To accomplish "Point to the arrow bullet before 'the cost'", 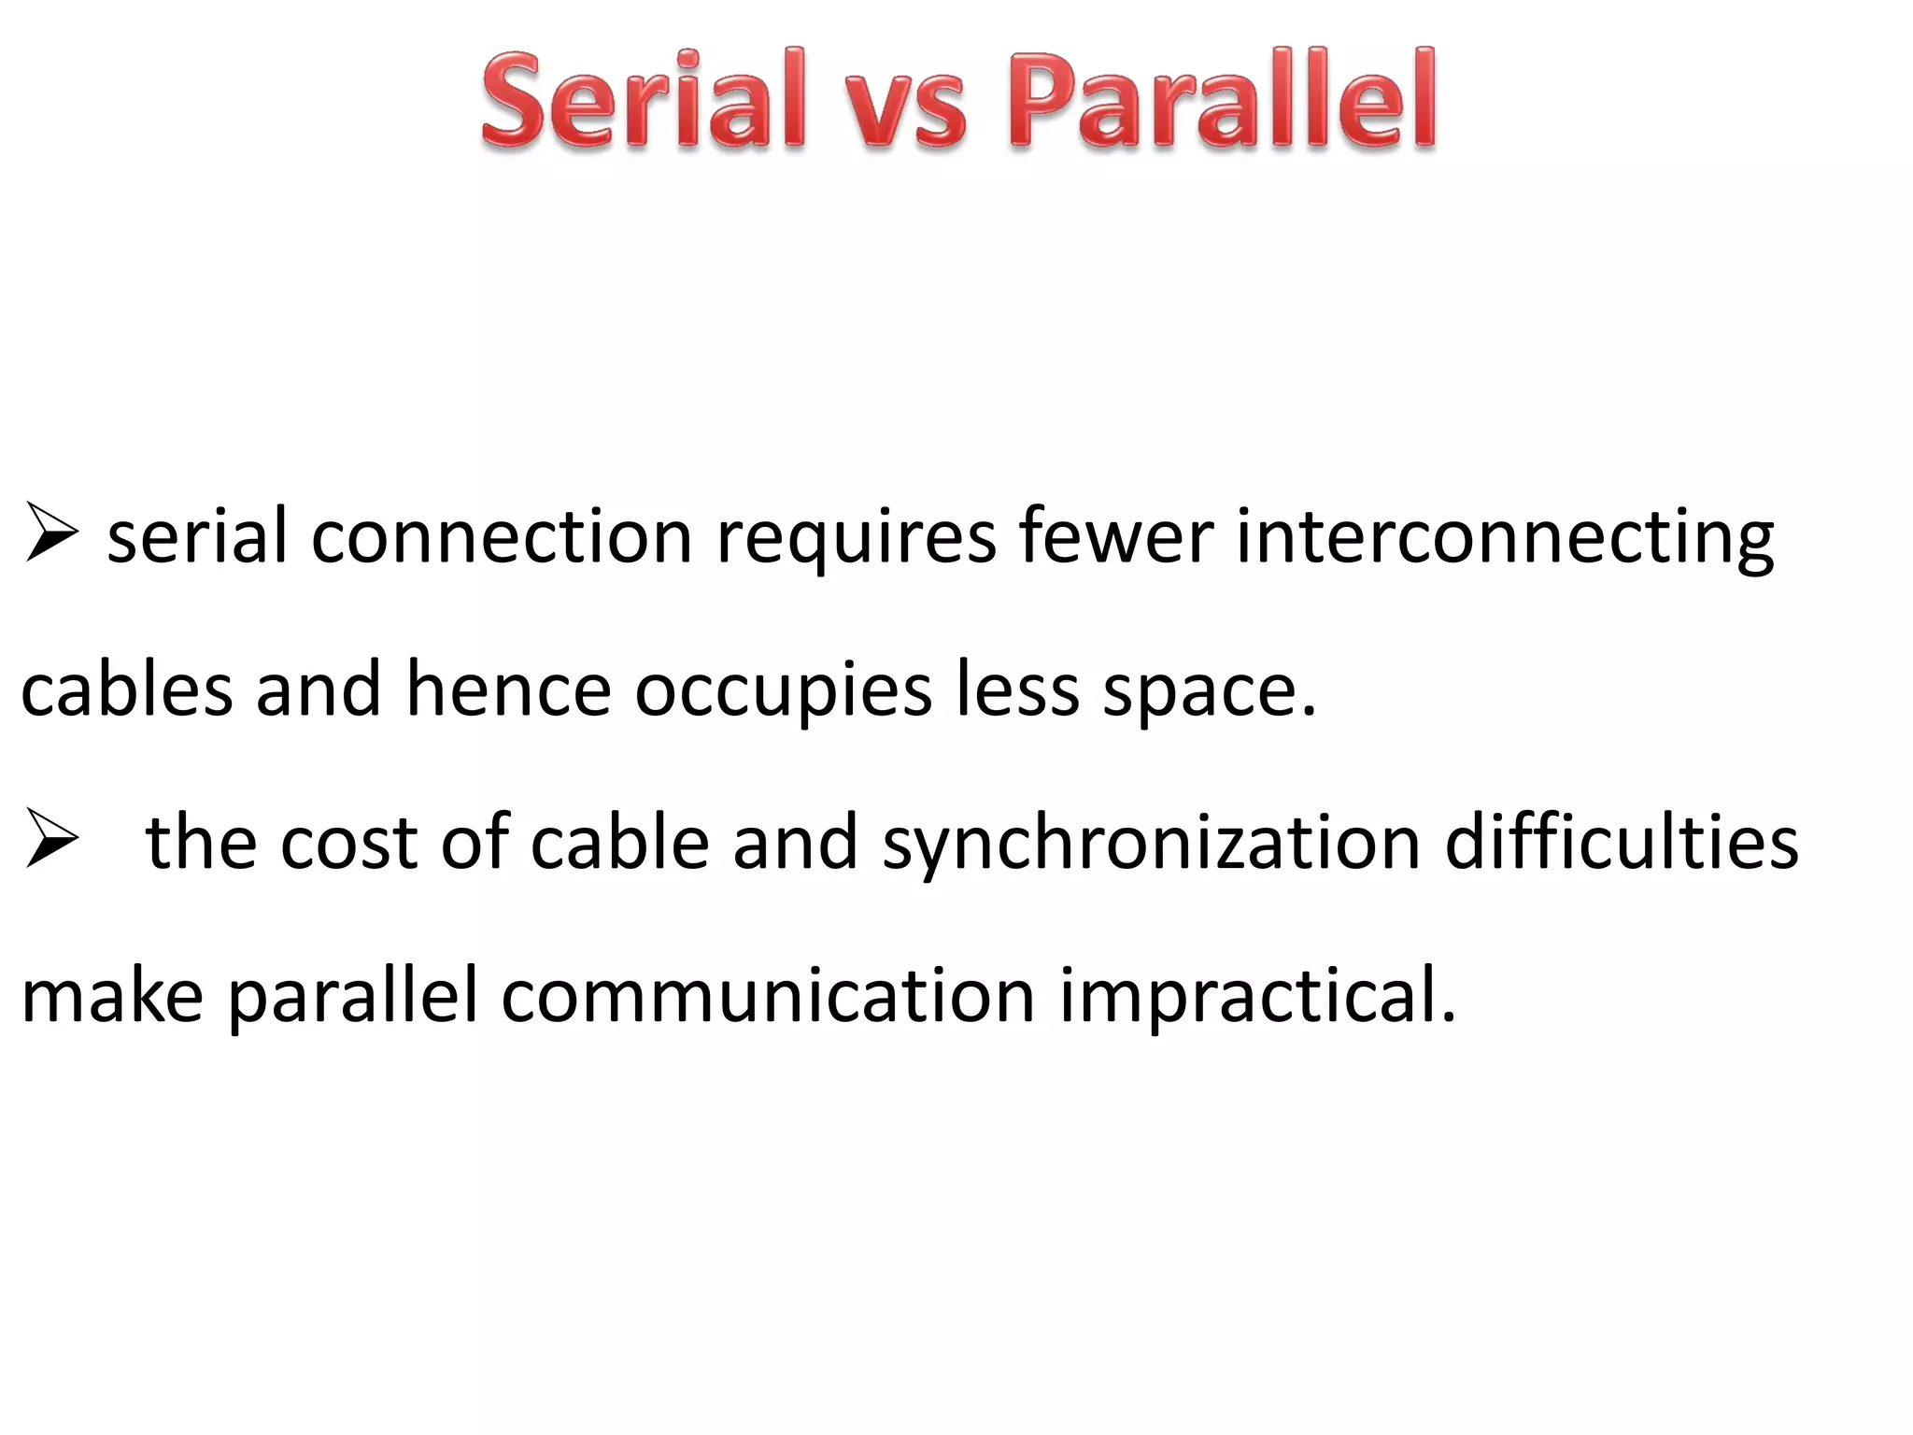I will (51, 838).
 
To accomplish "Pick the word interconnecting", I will (1505, 540).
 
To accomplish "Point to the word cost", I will (347, 844).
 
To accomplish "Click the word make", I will (112, 995).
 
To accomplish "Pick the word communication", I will (768, 995).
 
